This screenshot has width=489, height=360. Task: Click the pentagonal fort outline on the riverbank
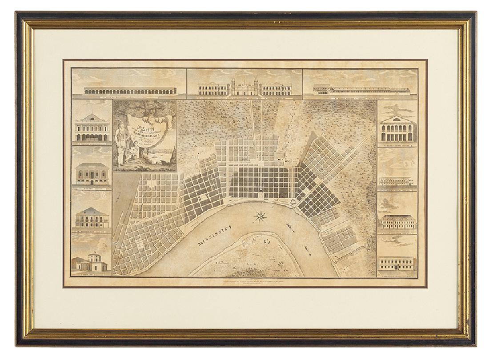tap(293, 201)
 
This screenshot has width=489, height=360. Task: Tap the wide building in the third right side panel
tap(397, 221)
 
